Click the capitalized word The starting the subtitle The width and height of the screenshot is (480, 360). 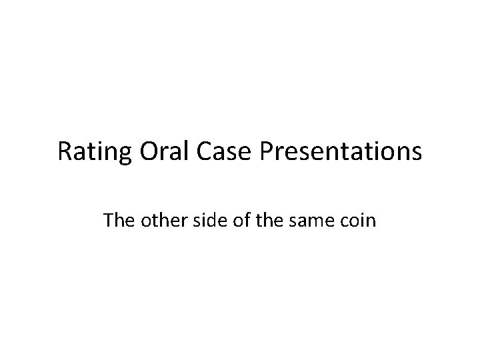click(x=117, y=220)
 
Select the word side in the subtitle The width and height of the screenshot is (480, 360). click(x=200, y=220)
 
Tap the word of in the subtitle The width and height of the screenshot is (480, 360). click(x=231, y=220)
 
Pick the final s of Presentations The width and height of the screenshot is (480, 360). click(x=417, y=154)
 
